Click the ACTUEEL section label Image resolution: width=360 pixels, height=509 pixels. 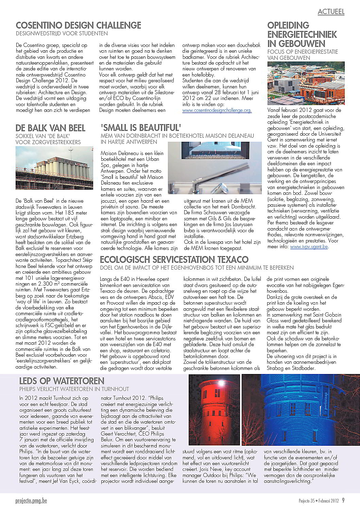click(x=331, y=12)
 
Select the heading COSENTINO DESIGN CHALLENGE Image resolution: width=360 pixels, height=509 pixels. click(x=78, y=25)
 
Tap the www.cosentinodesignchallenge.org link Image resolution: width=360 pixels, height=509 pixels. click(x=217, y=111)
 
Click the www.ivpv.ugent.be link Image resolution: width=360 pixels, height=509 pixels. click(x=309, y=247)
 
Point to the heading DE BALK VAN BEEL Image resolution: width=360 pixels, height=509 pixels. click(x=50, y=128)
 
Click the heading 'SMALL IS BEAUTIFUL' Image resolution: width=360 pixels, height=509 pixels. click(x=141, y=128)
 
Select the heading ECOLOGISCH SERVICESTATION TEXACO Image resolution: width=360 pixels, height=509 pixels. click(x=174, y=260)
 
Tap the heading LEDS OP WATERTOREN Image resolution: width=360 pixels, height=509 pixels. click(x=62, y=380)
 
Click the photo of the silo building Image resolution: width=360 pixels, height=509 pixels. click(x=54, y=168)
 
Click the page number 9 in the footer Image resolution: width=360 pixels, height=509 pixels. click(x=343, y=500)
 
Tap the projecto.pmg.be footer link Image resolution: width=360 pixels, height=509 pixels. click(x=31, y=500)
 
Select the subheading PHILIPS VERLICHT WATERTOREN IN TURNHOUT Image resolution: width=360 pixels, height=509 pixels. click(x=74, y=389)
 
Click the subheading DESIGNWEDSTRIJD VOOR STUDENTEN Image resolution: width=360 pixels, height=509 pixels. click(x=62, y=33)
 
